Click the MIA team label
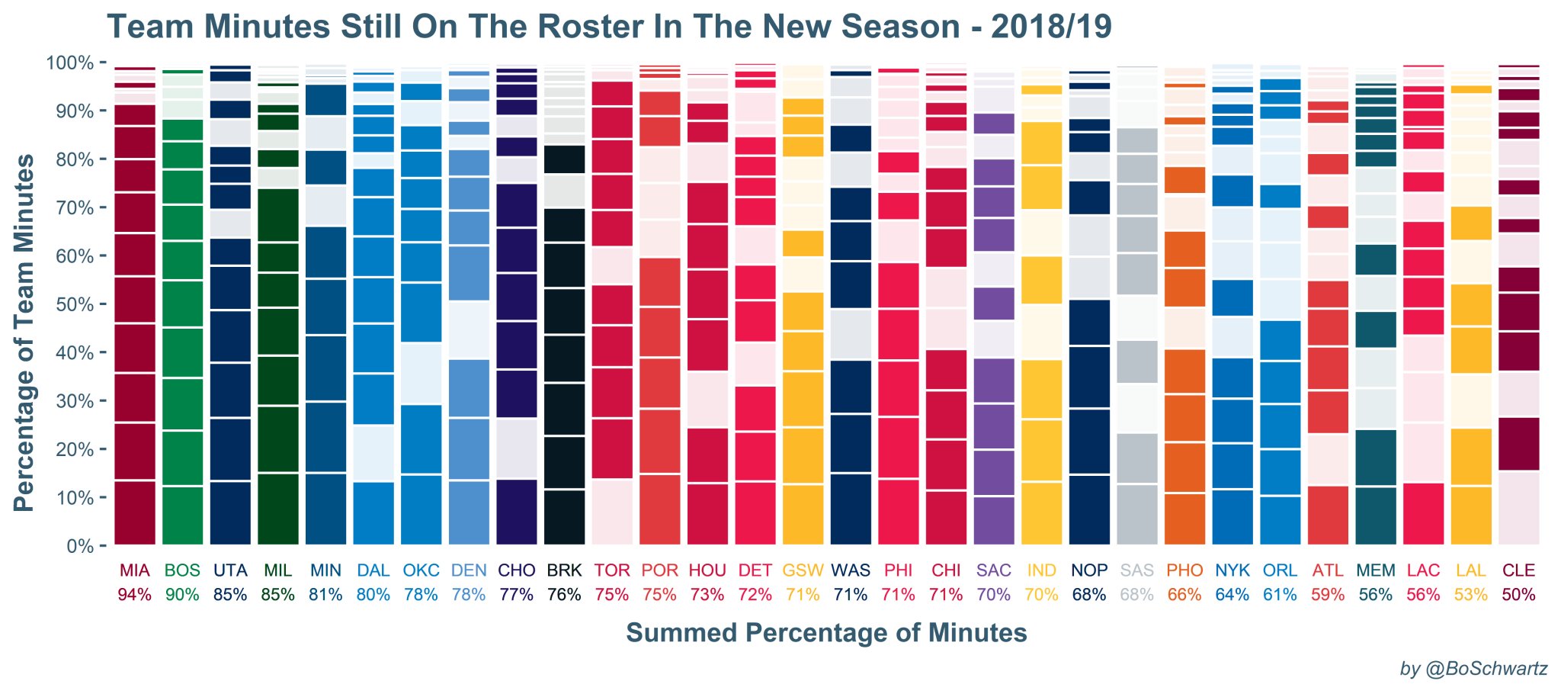click(x=135, y=570)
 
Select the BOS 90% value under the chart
click(x=182, y=595)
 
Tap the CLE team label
click(x=1518, y=570)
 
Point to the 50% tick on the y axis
click(x=69, y=305)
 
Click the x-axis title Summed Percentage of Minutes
click(x=826, y=633)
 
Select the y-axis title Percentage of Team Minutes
click(x=24, y=333)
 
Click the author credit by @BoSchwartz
click(x=1474, y=669)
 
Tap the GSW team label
click(x=803, y=570)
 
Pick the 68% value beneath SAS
click(x=1136, y=595)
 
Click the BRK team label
click(x=564, y=570)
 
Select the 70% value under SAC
click(x=994, y=595)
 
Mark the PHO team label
click(x=1184, y=570)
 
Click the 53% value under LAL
click(x=1471, y=595)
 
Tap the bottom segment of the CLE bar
click(x=1518, y=508)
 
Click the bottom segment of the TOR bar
click(x=612, y=512)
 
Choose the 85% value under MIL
click(x=277, y=595)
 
